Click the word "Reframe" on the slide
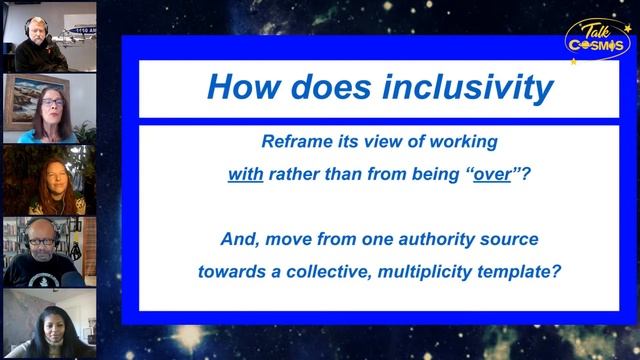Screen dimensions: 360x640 tap(293, 142)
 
